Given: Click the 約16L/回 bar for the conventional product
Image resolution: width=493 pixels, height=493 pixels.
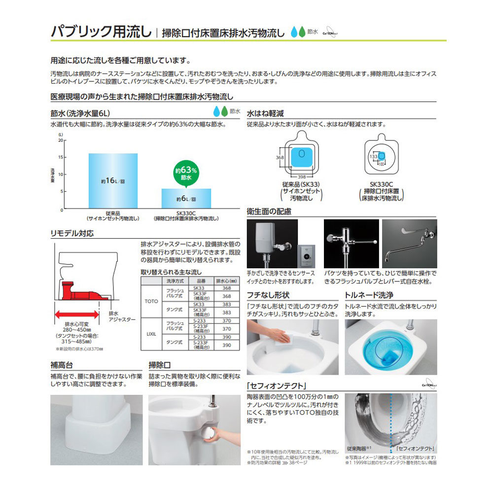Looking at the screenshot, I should [x=113, y=181].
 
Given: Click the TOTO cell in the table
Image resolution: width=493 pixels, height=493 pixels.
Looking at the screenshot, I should [x=150, y=299].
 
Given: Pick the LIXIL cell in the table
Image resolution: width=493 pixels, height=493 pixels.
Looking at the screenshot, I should [x=150, y=334].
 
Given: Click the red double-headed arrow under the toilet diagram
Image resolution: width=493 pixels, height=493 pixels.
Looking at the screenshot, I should [x=77, y=314].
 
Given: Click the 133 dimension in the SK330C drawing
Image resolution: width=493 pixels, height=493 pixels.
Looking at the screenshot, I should [x=373, y=156].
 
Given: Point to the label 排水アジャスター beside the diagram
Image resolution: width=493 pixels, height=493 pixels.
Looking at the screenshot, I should [x=121, y=316].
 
